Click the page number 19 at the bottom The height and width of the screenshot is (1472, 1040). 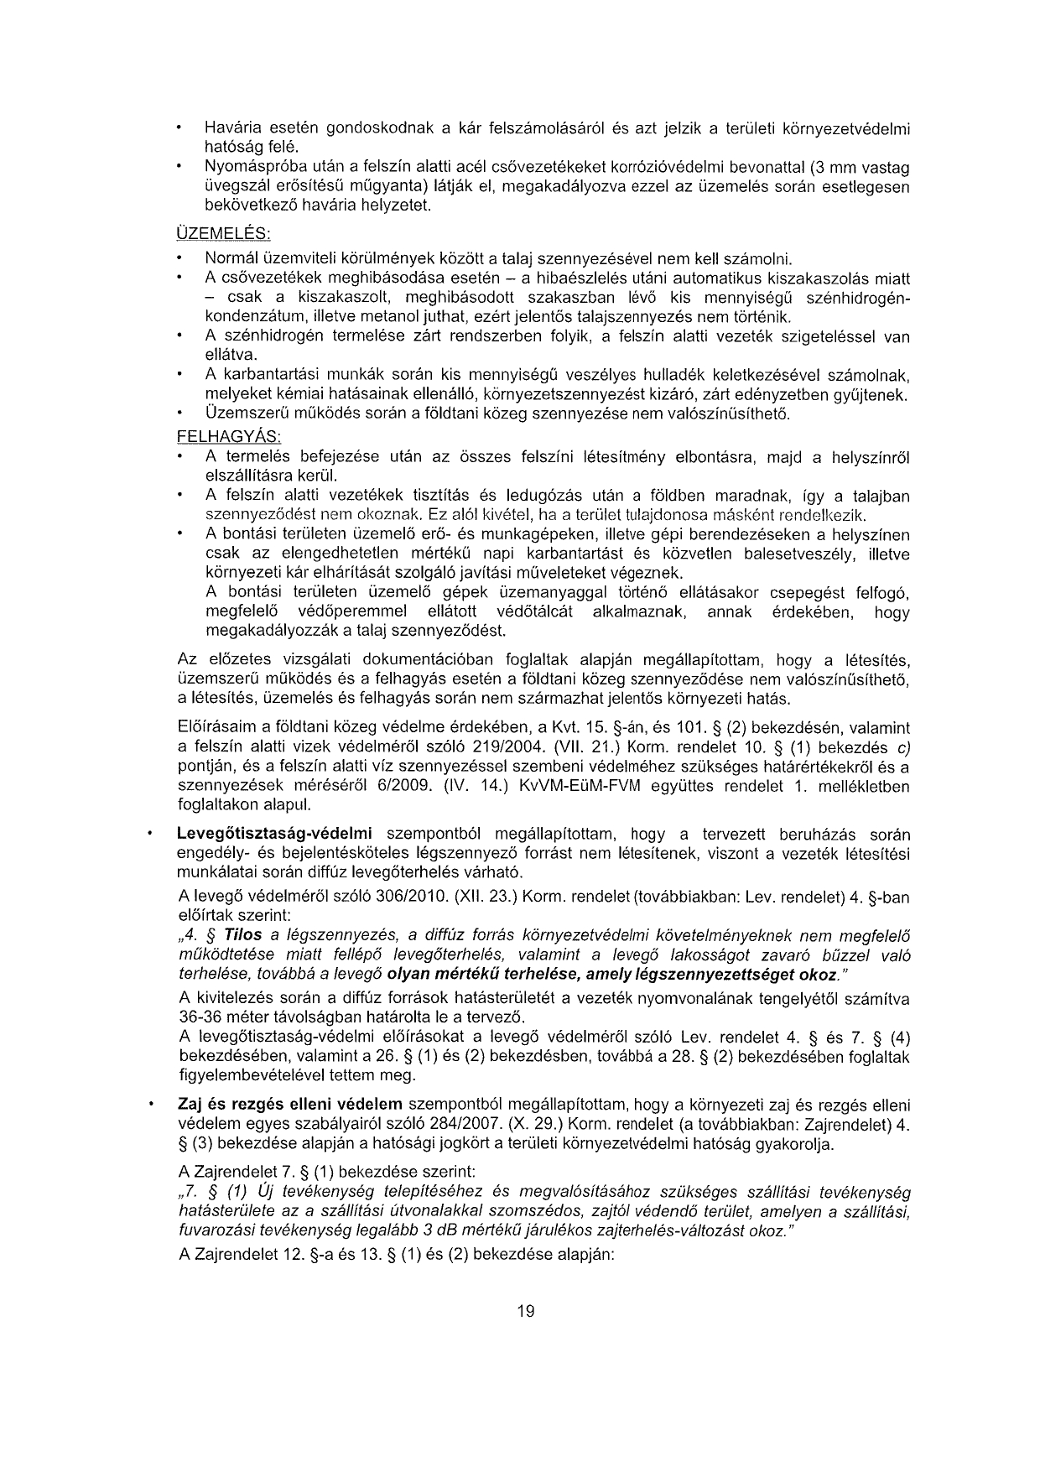[x=526, y=1311]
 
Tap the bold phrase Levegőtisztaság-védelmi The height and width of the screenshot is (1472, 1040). [x=273, y=835]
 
